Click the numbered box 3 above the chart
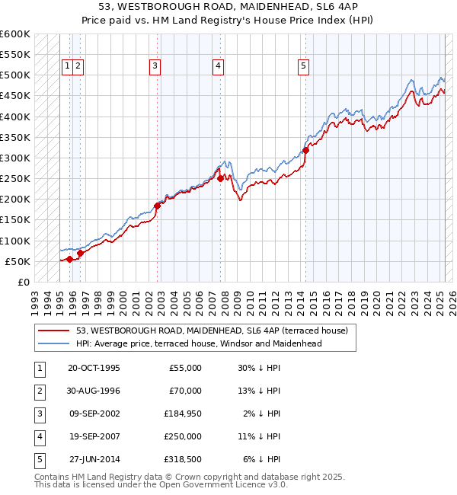(155, 66)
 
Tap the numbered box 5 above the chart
(303, 66)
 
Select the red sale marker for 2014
(305, 150)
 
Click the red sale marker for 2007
(220, 179)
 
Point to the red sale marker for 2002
(158, 206)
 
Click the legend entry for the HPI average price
(199, 343)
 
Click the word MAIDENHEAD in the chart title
(250, 9)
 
